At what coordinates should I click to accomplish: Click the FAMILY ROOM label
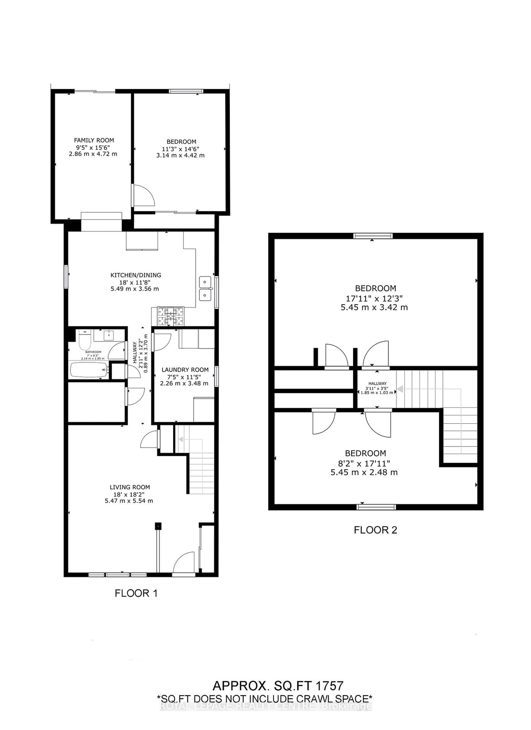coord(94,140)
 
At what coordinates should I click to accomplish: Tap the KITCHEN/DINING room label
coord(136,275)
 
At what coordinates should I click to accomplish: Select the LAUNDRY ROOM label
coord(185,370)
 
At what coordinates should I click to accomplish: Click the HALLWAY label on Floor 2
coord(377,383)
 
